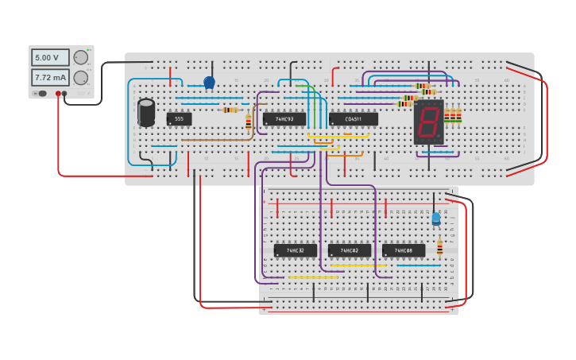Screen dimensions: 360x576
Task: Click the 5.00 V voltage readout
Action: (50, 57)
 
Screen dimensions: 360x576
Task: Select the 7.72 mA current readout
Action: (50, 77)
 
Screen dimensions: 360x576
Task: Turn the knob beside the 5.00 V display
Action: (81, 57)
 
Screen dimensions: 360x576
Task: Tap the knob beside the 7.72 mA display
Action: (81, 78)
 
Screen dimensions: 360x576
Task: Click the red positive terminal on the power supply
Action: (58, 94)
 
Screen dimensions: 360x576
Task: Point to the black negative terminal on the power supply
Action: (65, 94)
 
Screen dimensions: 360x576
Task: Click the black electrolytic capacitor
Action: (146, 112)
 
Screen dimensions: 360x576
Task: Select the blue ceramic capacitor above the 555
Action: (210, 82)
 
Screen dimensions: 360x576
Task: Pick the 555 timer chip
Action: (179, 119)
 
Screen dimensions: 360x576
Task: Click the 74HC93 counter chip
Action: (284, 119)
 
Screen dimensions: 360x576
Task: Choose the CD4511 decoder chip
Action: (354, 119)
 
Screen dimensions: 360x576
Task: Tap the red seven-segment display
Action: (427, 122)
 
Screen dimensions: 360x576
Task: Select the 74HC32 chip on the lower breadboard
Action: (295, 250)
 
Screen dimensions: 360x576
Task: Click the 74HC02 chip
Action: (350, 250)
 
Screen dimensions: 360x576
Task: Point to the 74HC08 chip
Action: (404, 250)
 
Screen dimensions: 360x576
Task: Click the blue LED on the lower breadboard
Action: (435, 219)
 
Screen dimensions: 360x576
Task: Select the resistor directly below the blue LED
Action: (439, 246)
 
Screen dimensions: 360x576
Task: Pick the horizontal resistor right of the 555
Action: (230, 110)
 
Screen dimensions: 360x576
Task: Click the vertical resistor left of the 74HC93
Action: (249, 122)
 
